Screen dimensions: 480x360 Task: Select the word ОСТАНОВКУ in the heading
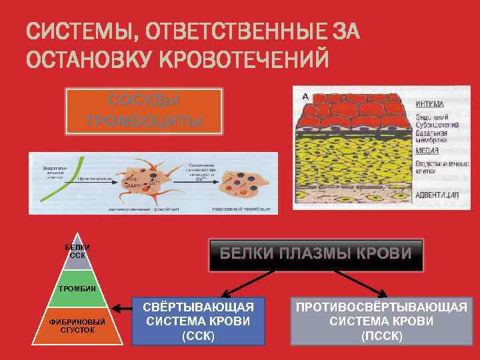pyautogui.click(x=90, y=58)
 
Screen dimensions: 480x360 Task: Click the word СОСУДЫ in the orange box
pyautogui.click(x=143, y=101)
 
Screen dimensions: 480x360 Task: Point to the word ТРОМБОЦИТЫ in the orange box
pyautogui.click(x=143, y=121)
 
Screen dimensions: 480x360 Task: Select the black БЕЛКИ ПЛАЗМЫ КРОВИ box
pyautogui.click(x=316, y=255)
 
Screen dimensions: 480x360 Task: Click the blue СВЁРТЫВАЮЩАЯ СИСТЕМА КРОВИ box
pyautogui.click(x=198, y=321)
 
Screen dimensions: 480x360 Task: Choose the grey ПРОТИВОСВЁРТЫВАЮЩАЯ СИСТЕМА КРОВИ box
pyautogui.click(x=381, y=321)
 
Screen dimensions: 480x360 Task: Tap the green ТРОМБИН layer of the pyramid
pyautogui.click(x=77, y=289)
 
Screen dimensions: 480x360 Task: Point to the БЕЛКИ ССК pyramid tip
pyautogui.click(x=77, y=252)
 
